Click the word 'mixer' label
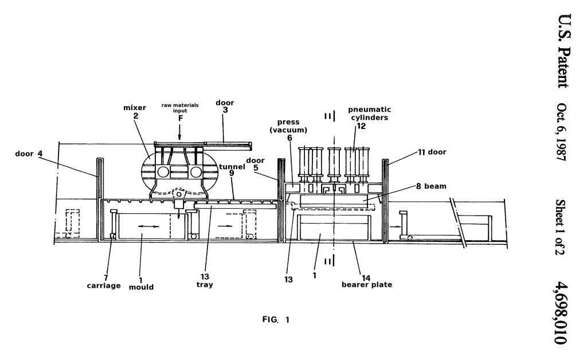click(x=134, y=108)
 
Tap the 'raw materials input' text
click(x=180, y=108)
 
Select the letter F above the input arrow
click(x=181, y=118)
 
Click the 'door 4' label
click(x=29, y=154)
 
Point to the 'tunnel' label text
click(x=232, y=166)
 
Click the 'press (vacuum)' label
click(x=288, y=126)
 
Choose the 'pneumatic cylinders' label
click(x=370, y=114)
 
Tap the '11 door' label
click(x=432, y=152)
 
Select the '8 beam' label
click(x=431, y=186)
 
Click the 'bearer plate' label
click(x=367, y=284)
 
